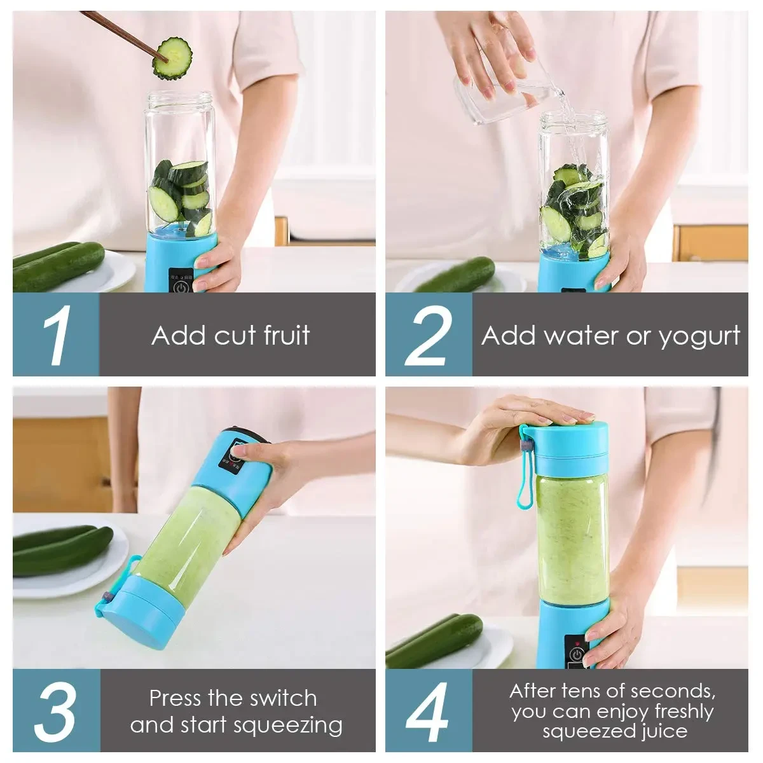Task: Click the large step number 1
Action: (x=57, y=335)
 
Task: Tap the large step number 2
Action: (x=429, y=335)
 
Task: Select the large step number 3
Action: (x=56, y=711)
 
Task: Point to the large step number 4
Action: (x=429, y=711)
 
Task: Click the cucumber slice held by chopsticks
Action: (x=172, y=59)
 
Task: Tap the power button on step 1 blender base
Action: (x=182, y=285)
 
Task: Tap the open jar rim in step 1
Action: (x=180, y=99)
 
